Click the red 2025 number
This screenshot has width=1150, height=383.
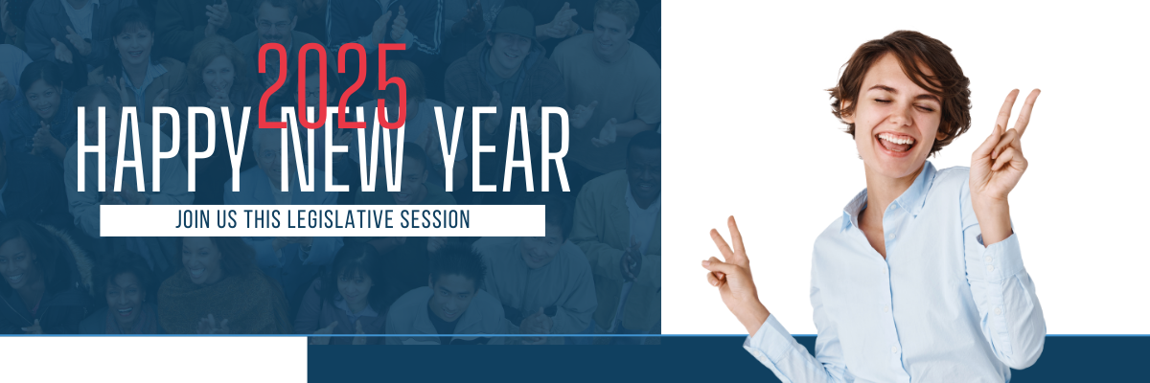[x=333, y=85]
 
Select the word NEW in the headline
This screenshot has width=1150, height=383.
[x=342, y=149]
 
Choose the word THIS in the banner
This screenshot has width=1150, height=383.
[x=263, y=219]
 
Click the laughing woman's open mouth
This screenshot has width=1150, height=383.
[x=896, y=143]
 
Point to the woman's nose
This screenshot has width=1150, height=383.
[x=900, y=118]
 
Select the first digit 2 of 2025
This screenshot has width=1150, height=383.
[x=272, y=85]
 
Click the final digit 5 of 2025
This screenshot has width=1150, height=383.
[x=392, y=85]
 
